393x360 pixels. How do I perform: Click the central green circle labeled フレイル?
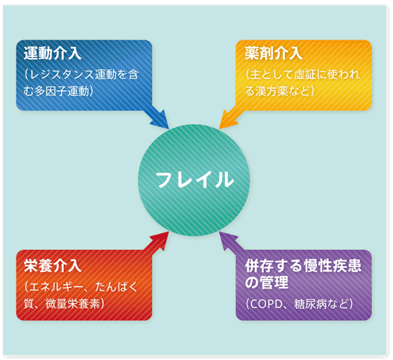point(194,180)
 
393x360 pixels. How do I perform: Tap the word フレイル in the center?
point(195,180)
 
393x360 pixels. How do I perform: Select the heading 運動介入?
point(52,53)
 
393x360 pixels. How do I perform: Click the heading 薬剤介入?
point(274,53)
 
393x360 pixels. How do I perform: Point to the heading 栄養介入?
point(52,265)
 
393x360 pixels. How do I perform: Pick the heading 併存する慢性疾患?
point(303,265)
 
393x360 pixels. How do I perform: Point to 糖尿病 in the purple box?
point(310,304)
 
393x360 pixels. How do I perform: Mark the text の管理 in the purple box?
point(266,282)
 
